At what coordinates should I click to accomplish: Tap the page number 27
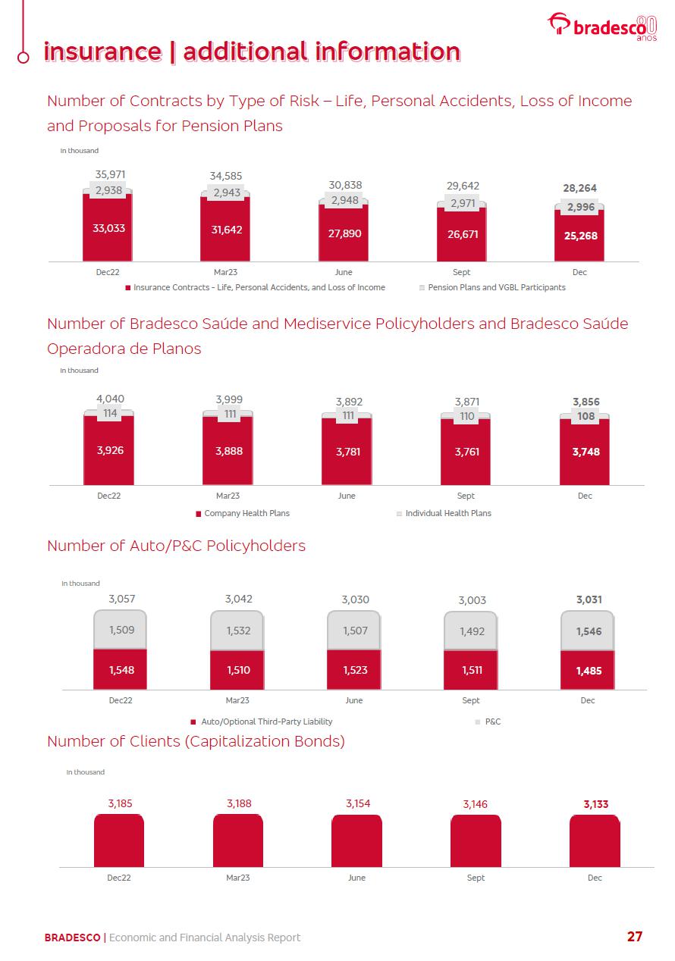click(x=635, y=937)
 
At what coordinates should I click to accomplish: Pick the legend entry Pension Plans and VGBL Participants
click(x=496, y=288)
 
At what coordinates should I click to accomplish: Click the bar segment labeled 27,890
click(x=344, y=233)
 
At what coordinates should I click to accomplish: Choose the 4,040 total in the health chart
click(x=110, y=399)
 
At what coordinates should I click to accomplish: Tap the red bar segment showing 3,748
click(x=584, y=452)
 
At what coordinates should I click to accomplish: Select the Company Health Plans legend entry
click(x=246, y=513)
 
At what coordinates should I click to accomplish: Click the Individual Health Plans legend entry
click(x=447, y=513)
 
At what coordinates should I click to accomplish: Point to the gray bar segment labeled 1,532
click(x=237, y=631)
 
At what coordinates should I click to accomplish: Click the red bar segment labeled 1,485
click(x=589, y=671)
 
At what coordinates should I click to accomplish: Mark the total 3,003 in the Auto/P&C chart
click(x=472, y=600)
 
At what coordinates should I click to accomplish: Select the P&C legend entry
click(x=492, y=722)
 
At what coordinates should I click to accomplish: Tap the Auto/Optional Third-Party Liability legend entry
click(x=266, y=722)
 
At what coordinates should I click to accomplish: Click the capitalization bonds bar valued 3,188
click(x=238, y=840)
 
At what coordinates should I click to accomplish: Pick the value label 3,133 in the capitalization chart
click(x=595, y=804)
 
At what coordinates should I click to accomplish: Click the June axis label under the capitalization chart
click(x=356, y=878)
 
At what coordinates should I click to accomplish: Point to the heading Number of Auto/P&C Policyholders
click(x=176, y=546)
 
